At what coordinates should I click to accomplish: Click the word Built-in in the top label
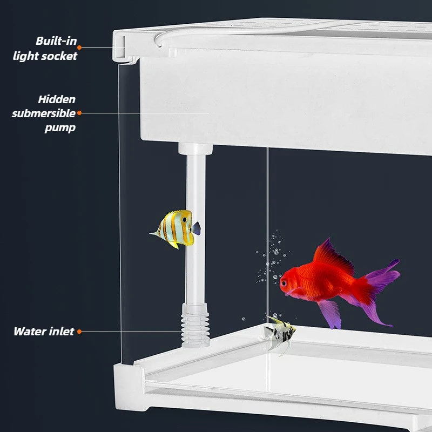tap(56, 41)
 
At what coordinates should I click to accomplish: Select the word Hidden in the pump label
tap(57, 99)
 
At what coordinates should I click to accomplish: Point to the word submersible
tap(44, 113)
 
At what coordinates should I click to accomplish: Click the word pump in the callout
tap(60, 128)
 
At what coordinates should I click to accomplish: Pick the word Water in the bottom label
tap(30, 332)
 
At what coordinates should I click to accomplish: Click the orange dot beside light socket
tap(79, 48)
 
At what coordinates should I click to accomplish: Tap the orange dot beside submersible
tap(79, 113)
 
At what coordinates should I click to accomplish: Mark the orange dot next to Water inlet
tap(79, 332)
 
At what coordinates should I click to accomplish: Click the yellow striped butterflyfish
tap(175, 228)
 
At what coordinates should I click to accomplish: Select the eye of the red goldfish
tap(283, 282)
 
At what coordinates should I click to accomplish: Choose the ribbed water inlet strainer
tap(195, 325)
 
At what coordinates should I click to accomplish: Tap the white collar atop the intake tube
tap(195, 149)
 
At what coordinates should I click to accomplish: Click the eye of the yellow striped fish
tap(184, 220)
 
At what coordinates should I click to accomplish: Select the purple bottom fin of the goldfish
tap(330, 314)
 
